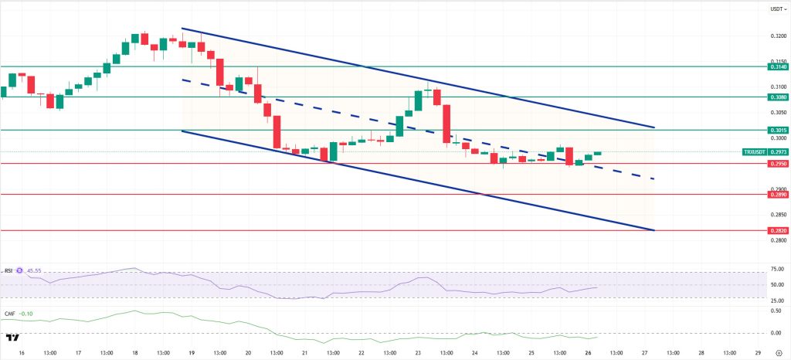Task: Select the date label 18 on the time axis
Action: coord(135,352)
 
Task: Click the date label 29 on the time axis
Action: coord(758,352)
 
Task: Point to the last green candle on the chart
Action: coord(598,154)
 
